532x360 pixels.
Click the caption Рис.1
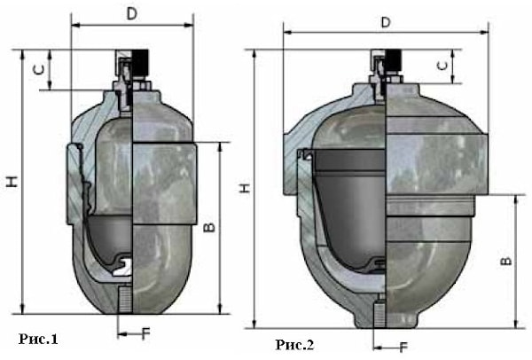38,339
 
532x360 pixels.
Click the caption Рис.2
295,345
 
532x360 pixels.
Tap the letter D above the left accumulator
131,14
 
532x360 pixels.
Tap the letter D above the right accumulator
386,22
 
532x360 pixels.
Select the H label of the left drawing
12,182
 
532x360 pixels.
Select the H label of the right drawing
245,188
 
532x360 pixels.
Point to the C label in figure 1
39,70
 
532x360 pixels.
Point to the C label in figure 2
442,66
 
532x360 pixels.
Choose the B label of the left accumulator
209,228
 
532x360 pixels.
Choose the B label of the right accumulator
506,261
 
